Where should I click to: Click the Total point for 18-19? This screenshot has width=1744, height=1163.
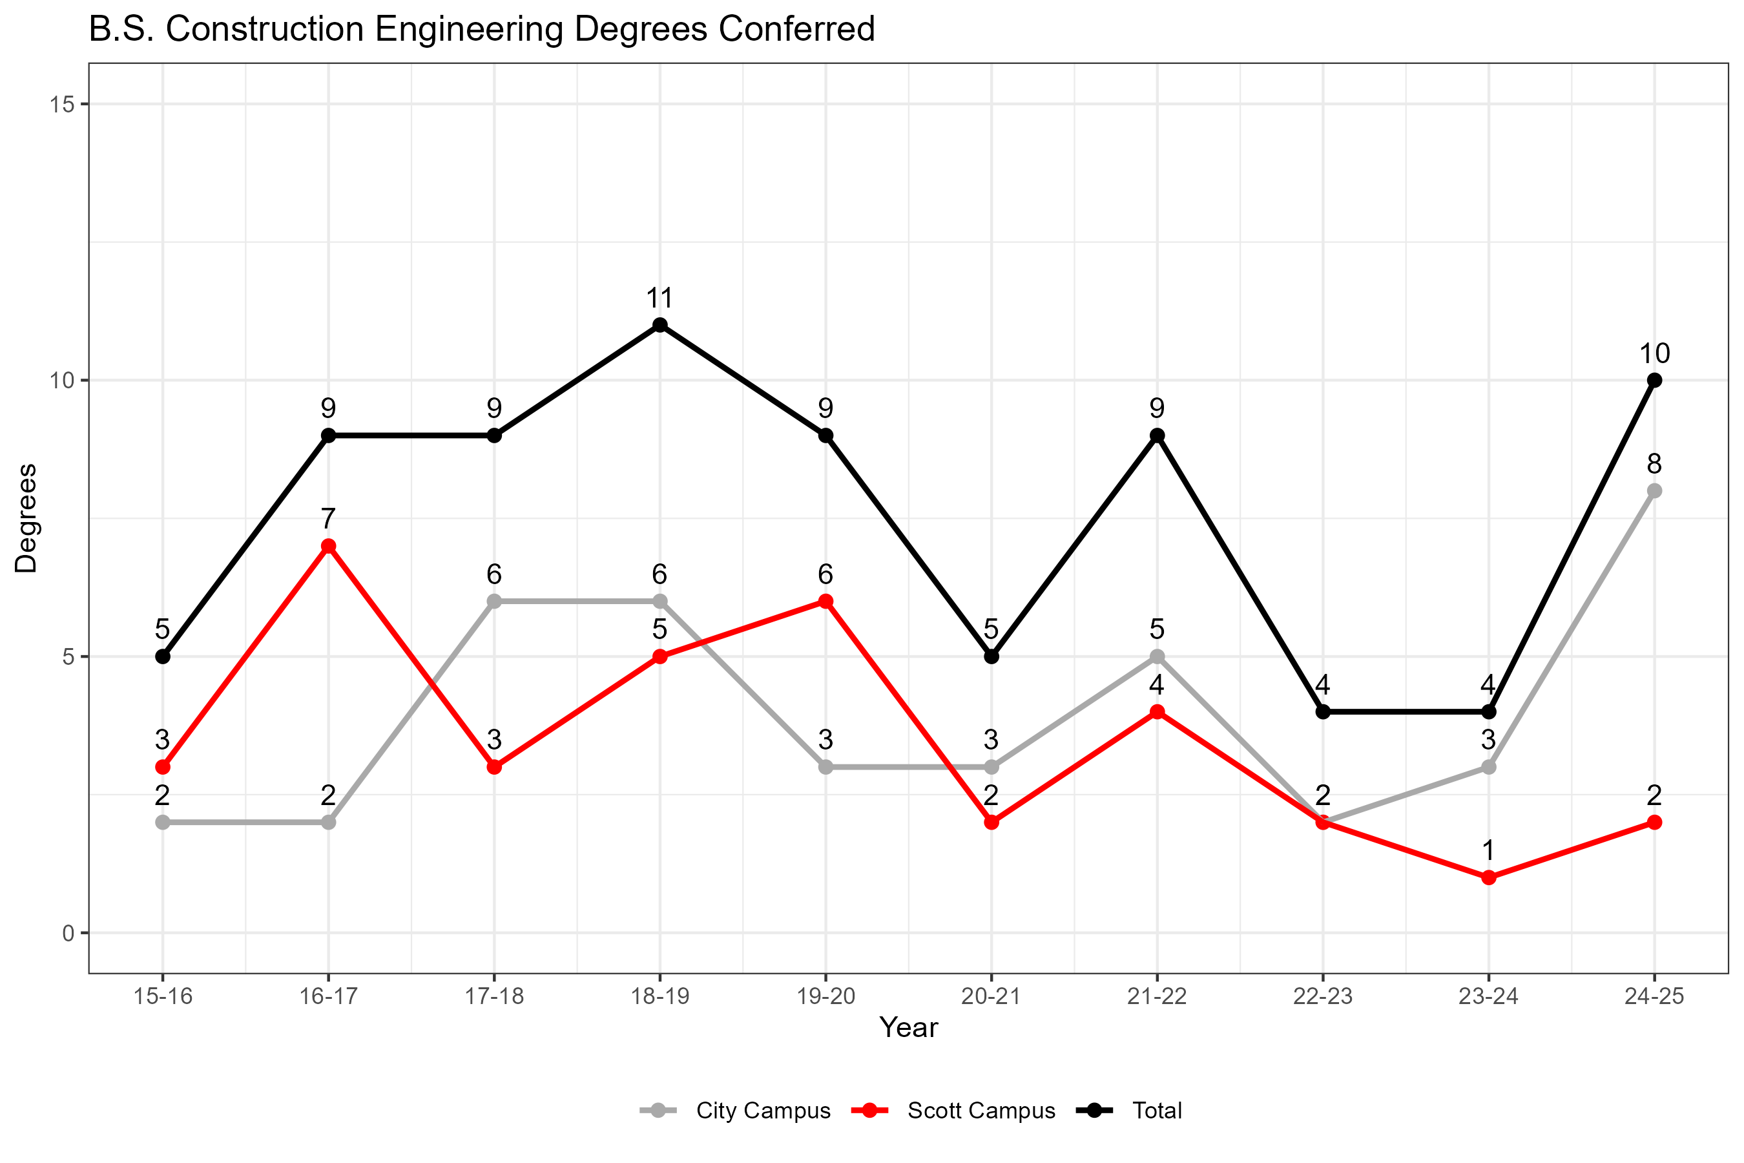(x=660, y=326)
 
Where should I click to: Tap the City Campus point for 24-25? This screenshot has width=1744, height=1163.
(x=1654, y=491)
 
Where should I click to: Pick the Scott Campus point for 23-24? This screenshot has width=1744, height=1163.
(x=1488, y=878)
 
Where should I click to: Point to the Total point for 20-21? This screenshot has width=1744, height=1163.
(x=991, y=657)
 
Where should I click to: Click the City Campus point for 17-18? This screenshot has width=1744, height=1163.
(x=495, y=602)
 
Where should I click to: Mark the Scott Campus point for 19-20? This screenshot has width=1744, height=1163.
(x=825, y=602)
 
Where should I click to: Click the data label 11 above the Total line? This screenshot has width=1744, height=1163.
(x=660, y=298)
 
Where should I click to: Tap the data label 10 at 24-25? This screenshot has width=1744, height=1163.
(x=1654, y=354)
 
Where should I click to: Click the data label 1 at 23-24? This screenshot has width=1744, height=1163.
(x=1488, y=851)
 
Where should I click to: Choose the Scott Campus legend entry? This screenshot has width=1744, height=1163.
(x=981, y=1110)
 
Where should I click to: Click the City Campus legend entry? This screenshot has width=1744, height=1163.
(x=762, y=1110)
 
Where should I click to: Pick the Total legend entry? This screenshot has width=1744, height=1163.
(x=1156, y=1110)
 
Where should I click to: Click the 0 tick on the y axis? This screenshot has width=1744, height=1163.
(x=68, y=933)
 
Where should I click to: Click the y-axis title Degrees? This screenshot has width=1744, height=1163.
(x=26, y=518)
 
